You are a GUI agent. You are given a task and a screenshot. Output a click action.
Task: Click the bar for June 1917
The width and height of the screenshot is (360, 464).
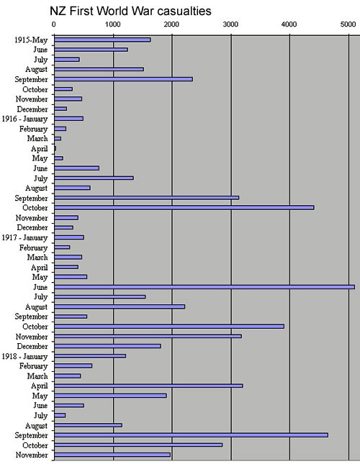[x=204, y=287]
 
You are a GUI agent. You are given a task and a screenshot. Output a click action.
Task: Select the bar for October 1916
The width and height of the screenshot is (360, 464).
[x=184, y=208]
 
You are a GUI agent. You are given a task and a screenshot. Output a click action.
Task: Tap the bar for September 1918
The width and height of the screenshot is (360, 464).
[x=192, y=435]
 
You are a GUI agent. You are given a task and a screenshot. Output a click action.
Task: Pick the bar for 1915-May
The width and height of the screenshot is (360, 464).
[x=102, y=40]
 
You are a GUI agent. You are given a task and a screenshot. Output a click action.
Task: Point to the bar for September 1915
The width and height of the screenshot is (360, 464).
[x=123, y=79]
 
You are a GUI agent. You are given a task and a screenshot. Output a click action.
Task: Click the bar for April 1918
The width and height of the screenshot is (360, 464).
[x=148, y=386]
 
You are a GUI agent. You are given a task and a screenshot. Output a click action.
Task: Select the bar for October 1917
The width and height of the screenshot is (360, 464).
[x=169, y=327]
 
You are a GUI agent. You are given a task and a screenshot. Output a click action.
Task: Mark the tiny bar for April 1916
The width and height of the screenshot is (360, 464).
[x=55, y=148]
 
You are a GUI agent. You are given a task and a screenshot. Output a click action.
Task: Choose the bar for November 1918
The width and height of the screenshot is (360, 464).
[x=112, y=455]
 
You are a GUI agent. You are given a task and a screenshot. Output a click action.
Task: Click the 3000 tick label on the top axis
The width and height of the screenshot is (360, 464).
[x=230, y=24]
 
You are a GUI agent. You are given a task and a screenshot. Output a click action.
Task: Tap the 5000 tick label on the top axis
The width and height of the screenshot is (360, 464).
[x=348, y=24]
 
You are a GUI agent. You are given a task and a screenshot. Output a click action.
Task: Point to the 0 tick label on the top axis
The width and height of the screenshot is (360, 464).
[x=53, y=24]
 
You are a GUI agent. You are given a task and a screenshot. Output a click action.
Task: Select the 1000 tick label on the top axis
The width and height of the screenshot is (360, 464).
[x=112, y=24]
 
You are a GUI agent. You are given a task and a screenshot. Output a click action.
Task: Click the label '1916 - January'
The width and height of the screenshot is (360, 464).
[x=24, y=119]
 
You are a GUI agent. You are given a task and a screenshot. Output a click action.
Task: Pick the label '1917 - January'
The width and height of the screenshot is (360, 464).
[x=24, y=237]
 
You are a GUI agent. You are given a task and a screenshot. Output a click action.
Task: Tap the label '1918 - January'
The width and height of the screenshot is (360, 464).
[x=24, y=356]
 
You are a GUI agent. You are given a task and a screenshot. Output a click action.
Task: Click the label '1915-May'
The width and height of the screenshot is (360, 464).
[x=31, y=40]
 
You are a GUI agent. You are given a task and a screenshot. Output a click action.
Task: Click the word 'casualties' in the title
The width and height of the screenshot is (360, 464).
[x=184, y=11]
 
